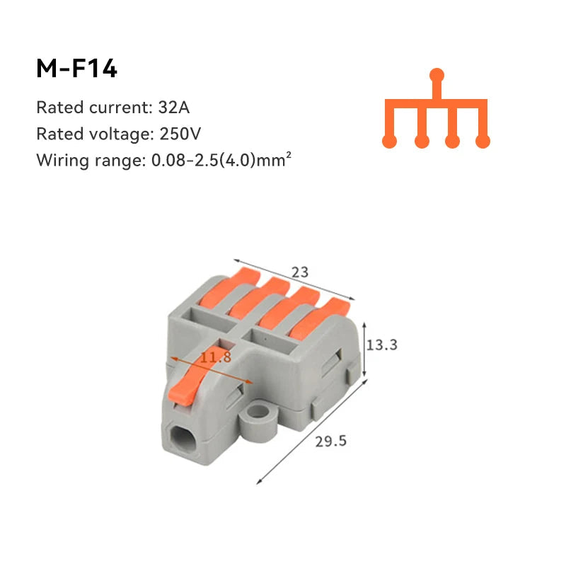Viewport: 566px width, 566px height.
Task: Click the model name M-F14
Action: pyautogui.click(x=76, y=69)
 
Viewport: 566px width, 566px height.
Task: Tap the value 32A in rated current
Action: pyautogui.click(x=175, y=108)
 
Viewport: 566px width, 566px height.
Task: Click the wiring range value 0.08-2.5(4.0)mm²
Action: pyautogui.click(x=221, y=160)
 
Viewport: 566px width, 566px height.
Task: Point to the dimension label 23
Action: pyautogui.click(x=300, y=272)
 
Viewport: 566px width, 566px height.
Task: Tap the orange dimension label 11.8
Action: pyautogui.click(x=216, y=357)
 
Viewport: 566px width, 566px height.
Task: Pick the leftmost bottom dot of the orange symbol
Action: pyautogui.click(x=389, y=141)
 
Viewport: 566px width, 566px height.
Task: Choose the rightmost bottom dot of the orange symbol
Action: pyautogui.click(x=483, y=141)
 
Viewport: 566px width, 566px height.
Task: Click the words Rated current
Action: pyautogui.click(x=91, y=108)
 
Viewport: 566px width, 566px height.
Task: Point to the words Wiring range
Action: pyautogui.click(x=91, y=160)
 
